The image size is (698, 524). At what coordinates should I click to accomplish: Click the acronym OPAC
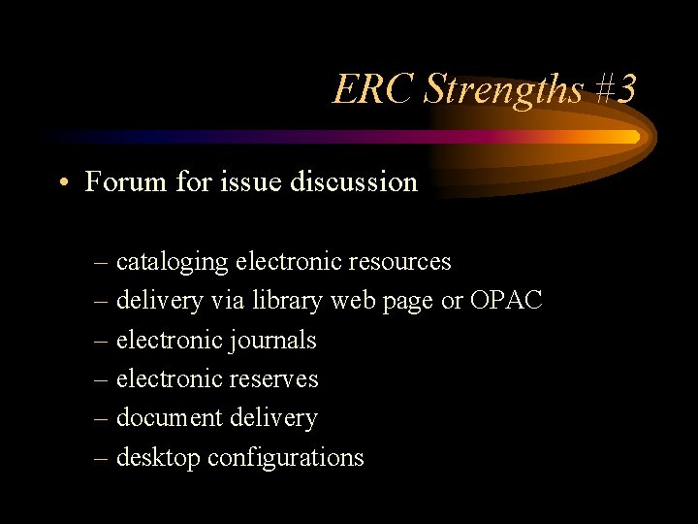505,301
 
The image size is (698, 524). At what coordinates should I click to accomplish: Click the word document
170,418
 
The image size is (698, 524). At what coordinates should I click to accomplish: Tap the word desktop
158,457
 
